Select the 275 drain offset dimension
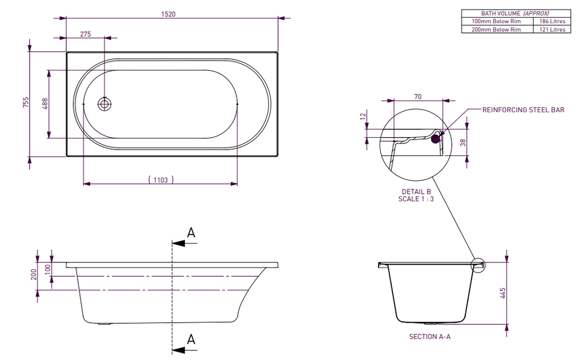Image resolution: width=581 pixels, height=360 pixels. [x=85, y=34]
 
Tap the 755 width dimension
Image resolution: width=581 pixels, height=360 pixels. [x=26, y=103]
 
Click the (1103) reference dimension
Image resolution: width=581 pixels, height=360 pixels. [x=161, y=180]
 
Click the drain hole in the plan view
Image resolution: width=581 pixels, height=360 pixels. [x=104, y=104]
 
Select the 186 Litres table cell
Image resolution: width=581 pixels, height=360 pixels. [x=551, y=21]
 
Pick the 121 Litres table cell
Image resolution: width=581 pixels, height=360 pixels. [x=551, y=29]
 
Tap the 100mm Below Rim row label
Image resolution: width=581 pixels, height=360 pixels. [x=496, y=21]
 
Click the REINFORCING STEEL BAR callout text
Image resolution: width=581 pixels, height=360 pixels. [x=523, y=110]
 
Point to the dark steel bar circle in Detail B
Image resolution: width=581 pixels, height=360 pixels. [x=436, y=138]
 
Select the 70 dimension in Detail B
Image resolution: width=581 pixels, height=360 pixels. [x=418, y=96]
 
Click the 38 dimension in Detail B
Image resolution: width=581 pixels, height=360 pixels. [x=463, y=143]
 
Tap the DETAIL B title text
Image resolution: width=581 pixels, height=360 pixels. [x=416, y=192]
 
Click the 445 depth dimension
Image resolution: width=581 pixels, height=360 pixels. [x=503, y=293]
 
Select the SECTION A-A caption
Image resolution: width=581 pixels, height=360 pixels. [x=430, y=337]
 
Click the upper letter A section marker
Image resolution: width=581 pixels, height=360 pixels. [x=191, y=232]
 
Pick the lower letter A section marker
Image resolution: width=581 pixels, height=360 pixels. [x=191, y=339]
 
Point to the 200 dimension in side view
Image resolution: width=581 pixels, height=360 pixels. [x=34, y=274]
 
